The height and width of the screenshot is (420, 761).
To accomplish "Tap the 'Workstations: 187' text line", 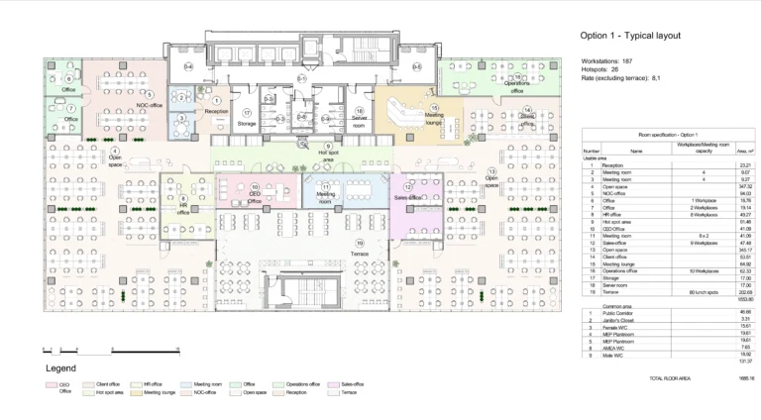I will pyautogui.click(x=609, y=61).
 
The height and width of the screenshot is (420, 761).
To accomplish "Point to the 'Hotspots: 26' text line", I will pyautogui.click(x=602, y=69).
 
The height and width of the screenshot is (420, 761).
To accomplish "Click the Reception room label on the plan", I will pyautogui.click(x=216, y=112).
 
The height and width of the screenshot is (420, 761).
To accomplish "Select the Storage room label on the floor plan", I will pyautogui.click(x=247, y=123).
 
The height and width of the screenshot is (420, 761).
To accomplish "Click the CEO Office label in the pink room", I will pyautogui.click(x=255, y=197).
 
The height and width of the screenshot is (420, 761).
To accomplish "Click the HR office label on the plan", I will pyautogui.click(x=183, y=208).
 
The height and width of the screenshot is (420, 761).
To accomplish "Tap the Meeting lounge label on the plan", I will pyautogui.click(x=434, y=116).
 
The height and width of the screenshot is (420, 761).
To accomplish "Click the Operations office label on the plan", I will pyautogui.click(x=516, y=83).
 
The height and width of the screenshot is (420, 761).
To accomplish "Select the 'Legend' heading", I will pyautogui.click(x=61, y=367).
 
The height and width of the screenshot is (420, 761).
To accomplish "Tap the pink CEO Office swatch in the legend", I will pyautogui.click(x=51, y=384).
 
